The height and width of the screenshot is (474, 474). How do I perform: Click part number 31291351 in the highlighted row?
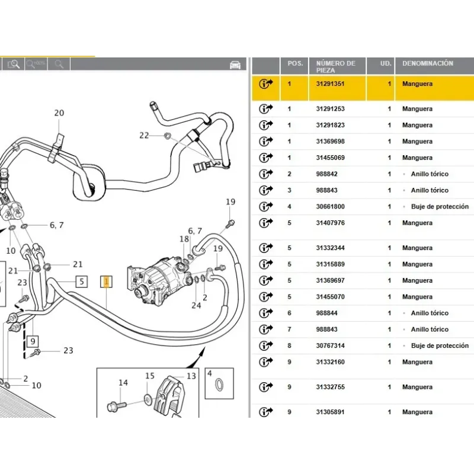tap(330, 84)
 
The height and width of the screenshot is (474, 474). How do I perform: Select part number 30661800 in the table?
tap(330, 207)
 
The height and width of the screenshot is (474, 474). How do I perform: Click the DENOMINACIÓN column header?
tap(427, 63)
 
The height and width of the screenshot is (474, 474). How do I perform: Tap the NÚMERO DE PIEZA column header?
tap(336, 66)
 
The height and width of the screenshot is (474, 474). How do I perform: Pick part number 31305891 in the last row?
tap(330, 412)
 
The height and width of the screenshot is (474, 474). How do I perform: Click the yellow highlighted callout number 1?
tap(107, 281)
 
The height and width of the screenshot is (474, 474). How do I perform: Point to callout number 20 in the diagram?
tap(59, 113)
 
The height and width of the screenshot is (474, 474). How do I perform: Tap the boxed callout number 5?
tap(81, 281)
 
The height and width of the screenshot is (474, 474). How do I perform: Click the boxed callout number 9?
tap(33, 341)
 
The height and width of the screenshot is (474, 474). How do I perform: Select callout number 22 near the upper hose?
tap(144, 135)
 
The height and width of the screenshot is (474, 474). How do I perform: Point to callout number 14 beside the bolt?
tap(123, 383)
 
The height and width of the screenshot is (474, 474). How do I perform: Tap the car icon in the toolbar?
tap(235, 64)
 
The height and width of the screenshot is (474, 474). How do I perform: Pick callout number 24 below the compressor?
tap(196, 306)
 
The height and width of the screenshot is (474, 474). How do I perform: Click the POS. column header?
tap(294, 63)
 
